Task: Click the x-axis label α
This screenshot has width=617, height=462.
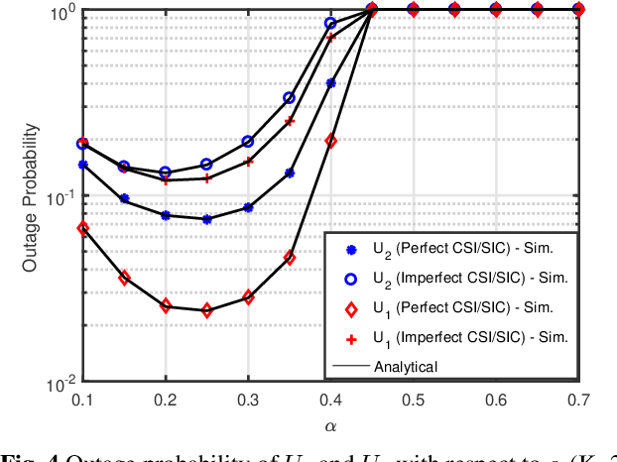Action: click(329, 426)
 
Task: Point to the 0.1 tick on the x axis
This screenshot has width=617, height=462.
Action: click(83, 399)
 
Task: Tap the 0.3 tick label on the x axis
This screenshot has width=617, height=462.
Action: click(248, 399)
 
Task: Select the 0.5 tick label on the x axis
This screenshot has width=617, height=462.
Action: click(414, 399)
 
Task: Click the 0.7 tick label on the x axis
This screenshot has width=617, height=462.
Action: click(578, 399)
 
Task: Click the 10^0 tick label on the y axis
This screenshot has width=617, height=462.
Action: click(62, 12)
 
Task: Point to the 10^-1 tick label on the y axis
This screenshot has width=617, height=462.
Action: click(62, 197)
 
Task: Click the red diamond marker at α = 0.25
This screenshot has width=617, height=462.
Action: click(207, 310)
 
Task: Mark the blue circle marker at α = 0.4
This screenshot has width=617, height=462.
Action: click(331, 23)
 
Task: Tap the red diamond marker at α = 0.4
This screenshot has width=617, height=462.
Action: click(331, 141)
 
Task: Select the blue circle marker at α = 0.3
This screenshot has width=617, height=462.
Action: click(249, 142)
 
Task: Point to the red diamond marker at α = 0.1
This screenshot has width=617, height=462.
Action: click(83, 228)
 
